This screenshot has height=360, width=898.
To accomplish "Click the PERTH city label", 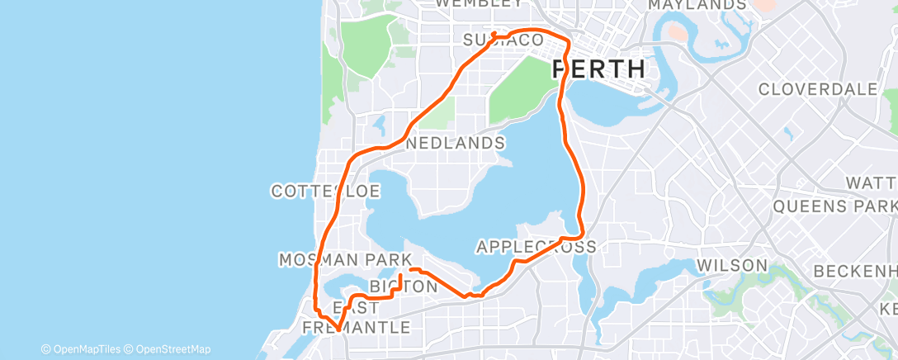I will (x=598, y=69).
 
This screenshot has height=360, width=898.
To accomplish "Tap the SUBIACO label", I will (x=503, y=40).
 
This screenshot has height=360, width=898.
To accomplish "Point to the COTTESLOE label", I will (x=325, y=192).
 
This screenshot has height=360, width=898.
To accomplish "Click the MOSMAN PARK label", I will (x=344, y=260).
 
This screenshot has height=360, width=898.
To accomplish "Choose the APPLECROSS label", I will (x=536, y=246).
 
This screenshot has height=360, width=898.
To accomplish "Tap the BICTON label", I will (x=403, y=287).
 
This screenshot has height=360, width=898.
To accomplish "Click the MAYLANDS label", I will (x=697, y=5).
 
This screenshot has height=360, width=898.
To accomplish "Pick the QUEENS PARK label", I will (x=834, y=206).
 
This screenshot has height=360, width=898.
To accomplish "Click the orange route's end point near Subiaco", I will (x=493, y=34).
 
